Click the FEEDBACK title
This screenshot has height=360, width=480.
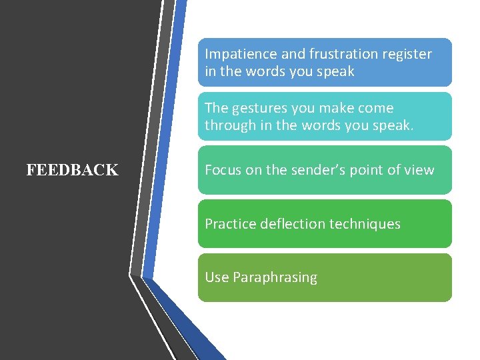click(x=72, y=170)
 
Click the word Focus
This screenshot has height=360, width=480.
click(x=223, y=170)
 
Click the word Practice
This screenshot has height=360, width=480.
click(x=231, y=224)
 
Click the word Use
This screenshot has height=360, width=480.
click(x=217, y=277)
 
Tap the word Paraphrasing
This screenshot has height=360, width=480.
click(x=275, y=278)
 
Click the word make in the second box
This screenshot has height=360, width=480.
click(x=335, y=108)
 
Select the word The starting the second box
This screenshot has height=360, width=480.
click(x=217, y=108)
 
